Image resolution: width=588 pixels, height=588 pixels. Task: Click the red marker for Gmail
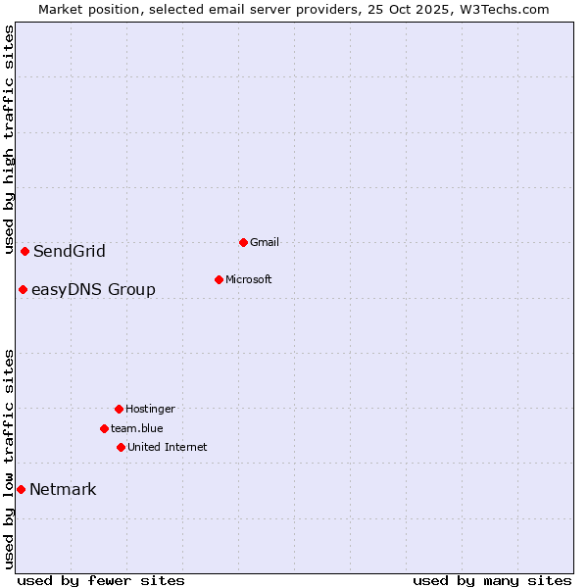tap(243, 242)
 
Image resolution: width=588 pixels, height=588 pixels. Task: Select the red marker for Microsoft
tap(219, 279)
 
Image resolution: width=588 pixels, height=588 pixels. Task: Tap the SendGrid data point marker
tap(24, 251)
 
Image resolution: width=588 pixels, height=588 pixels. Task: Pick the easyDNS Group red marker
tap(23, 289)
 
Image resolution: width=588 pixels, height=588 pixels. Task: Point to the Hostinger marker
tap(119, 409)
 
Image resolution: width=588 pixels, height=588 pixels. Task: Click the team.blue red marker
tap(104, 428)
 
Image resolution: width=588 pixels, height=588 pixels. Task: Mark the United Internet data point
tap(121, 447)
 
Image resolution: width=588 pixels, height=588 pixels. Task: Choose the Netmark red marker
tap(21, 489)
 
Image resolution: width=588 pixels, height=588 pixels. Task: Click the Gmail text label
tap(265, 242)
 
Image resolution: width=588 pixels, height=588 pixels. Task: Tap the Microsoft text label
tap(249, 279)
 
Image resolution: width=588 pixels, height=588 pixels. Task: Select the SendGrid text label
tap(70, 252)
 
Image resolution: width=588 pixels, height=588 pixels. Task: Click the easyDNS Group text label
tap(93, 290)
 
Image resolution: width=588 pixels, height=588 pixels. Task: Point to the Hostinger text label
tap(150, 409)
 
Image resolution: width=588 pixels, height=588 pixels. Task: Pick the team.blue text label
tap(137, 428)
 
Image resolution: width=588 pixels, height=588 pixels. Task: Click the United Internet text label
tap(168, 447)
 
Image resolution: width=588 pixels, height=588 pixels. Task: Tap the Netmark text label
tap(63, 490)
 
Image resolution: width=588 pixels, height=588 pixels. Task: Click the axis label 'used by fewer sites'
tap(101, 580)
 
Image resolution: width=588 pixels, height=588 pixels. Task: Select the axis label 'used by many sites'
tap(492, 580)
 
